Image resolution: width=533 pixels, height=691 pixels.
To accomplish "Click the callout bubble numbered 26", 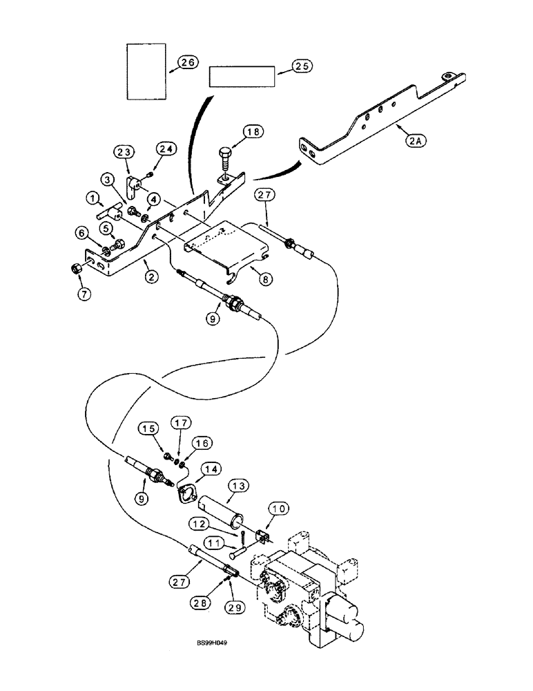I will pyautogui.click(x=186, y=63).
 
